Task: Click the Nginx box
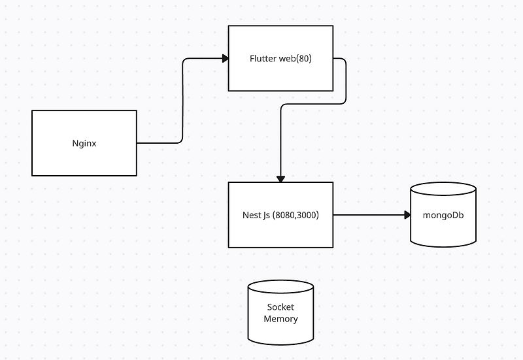84,157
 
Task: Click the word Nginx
84,143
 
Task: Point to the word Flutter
263,59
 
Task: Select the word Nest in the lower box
252,215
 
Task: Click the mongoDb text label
443,215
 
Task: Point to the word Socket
280,307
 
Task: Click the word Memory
280,319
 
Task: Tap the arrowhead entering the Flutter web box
225,59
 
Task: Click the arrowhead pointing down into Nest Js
280,178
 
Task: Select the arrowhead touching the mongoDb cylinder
406,215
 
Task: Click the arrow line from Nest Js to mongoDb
369,215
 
